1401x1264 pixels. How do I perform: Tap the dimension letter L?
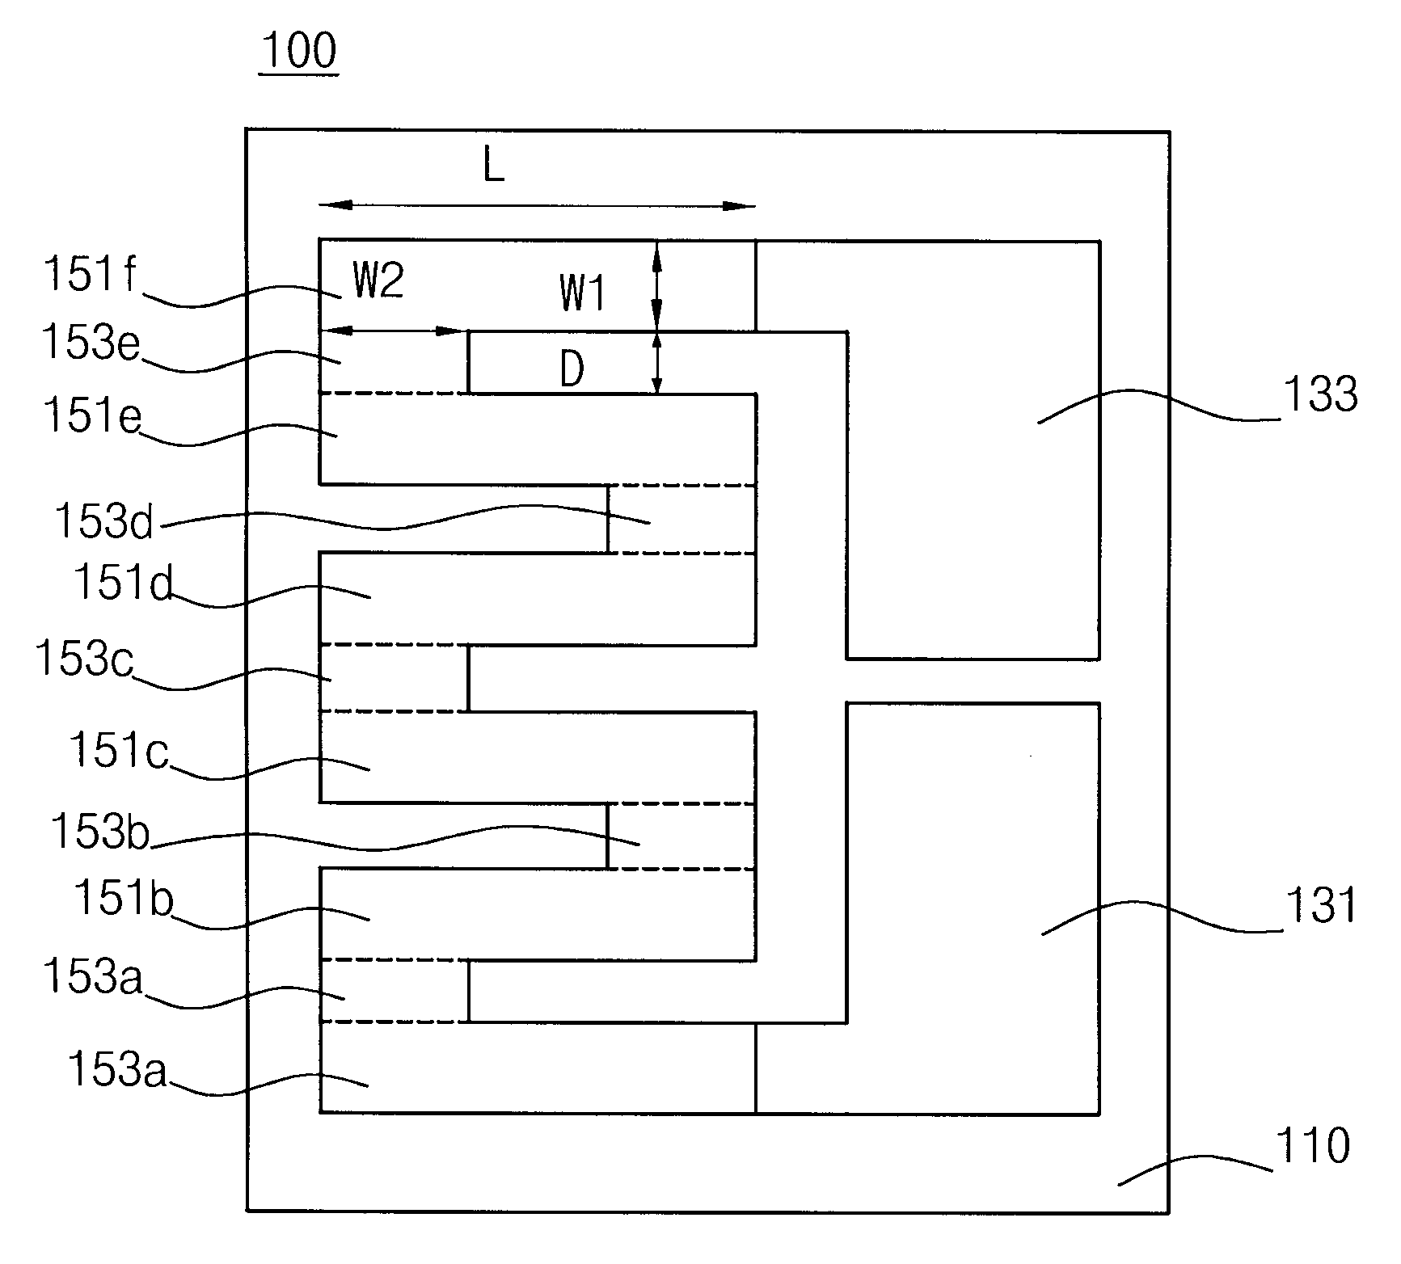click(493, 167)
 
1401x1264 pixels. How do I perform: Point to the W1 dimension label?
click(582, 293)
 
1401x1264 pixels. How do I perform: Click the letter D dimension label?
click(572, 371)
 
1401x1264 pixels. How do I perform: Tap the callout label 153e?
click(91, 343)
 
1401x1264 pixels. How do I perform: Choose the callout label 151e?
click(92, 418)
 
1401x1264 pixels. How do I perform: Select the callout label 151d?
click(124, 582)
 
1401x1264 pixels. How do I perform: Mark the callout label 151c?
click(119, 750)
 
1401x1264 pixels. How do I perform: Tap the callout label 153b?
click(100, 831)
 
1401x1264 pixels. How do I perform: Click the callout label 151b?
click(124, 899)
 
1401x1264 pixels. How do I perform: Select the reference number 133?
click(1320, 395)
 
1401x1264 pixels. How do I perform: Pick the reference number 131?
click(1320, 904)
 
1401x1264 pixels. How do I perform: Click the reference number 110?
click(1312, 1146)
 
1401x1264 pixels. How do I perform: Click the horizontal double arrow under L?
click(537, 206)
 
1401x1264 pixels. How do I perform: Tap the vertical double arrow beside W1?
click(656, 285)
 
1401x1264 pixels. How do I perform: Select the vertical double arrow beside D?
click(656, 363)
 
